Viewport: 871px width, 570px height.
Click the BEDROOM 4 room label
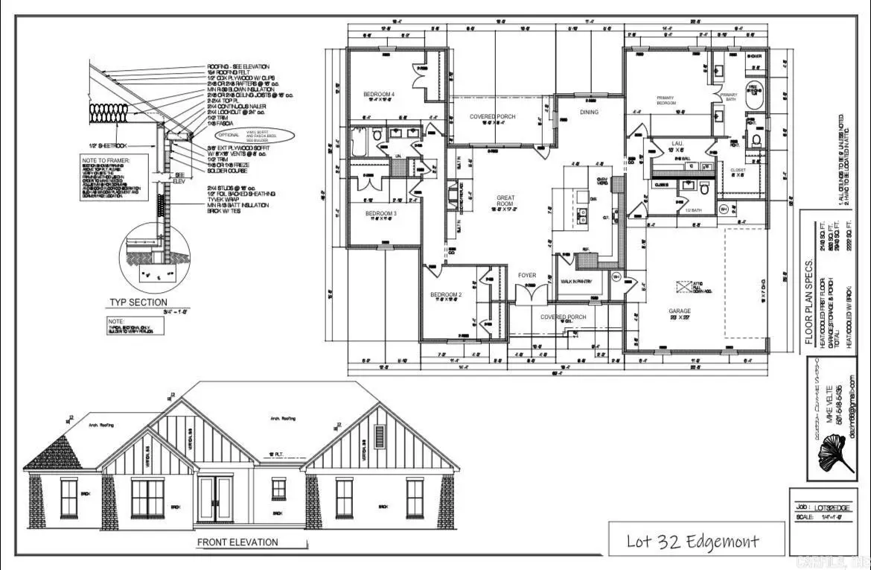(x=379, y=94)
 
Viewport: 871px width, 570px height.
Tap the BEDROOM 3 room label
(x=380, y=214)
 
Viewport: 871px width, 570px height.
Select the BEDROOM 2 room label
(x=447, y=295)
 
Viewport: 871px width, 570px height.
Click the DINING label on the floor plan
(x=589, y=113)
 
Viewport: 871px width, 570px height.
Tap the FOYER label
(x=527, y=276)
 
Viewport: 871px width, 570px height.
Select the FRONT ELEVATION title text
(x=237, y=542)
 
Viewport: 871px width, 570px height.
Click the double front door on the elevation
(x=215, y=500)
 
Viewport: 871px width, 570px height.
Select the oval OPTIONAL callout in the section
(x=255, y=135)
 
